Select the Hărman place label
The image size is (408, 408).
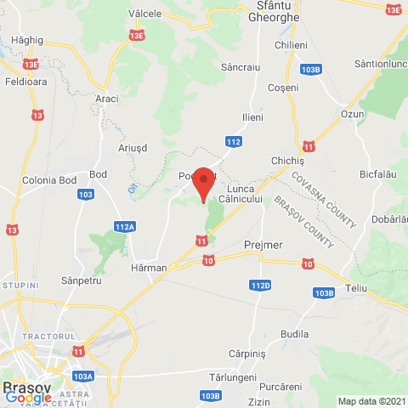[150, 267]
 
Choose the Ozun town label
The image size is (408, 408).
[352, 114]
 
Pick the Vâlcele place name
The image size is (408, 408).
[144, 14]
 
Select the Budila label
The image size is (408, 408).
[294, 334]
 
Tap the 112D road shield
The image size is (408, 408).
[260, 286]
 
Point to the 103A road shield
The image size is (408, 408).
[83, 375]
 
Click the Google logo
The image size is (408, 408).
[28, 397]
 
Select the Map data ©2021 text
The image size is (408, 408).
[370, 401]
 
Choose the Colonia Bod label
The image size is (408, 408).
[49, 180]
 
